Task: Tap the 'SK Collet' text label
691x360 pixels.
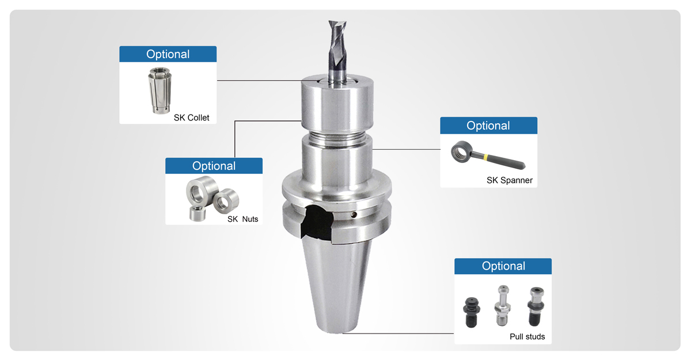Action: coord(191,118)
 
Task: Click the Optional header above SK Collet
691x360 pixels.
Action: coord(168,54)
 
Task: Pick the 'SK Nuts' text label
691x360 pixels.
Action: coord(242,219)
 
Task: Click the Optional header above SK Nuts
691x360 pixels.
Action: coord(214,166)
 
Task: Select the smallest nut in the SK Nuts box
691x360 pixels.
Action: coord(198,213)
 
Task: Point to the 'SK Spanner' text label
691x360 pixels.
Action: coord(509,180)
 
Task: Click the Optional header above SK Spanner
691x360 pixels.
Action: coord(488,126)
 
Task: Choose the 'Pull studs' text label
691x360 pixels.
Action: coord(527,336)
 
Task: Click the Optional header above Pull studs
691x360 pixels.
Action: coord(503,266)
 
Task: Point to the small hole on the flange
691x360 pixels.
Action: coord(356,215)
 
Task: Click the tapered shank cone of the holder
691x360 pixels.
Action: coord(337,282)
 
